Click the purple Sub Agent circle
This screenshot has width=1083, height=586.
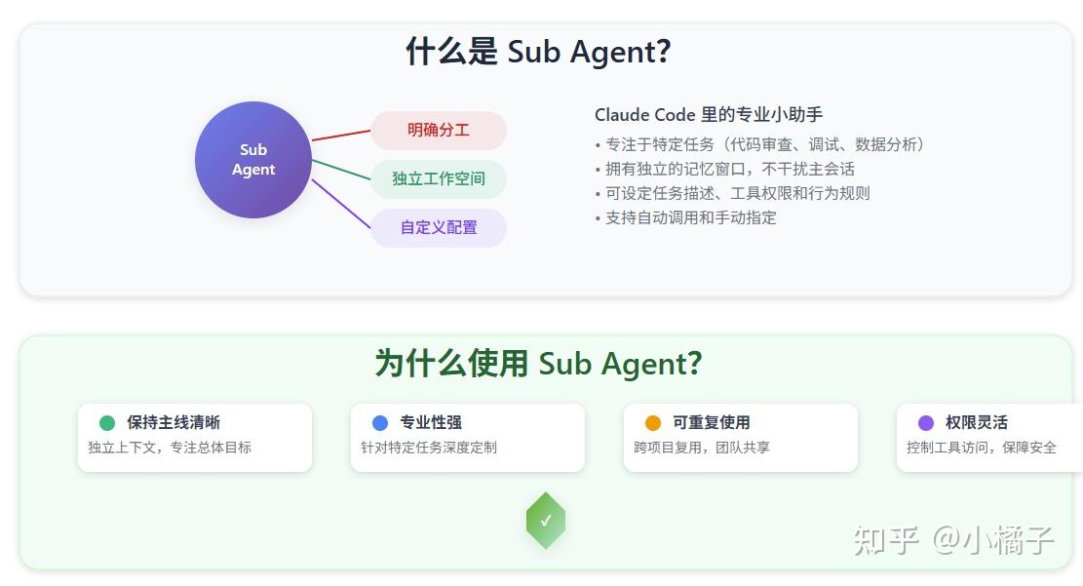[x=253, y=160]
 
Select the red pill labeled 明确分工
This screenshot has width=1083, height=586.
[x=439, y=131]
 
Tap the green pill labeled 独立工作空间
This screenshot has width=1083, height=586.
[x=439, y=178]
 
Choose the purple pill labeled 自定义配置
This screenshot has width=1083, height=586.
[x=439, y=227]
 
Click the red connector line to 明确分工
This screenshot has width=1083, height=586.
[x=341, y=136]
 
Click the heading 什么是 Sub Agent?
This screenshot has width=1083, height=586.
[x=539, y=52]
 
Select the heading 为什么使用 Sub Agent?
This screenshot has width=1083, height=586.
[x=539, y=364]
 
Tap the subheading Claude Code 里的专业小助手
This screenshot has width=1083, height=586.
[x=709, y=115]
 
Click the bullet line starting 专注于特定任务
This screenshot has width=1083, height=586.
[x=760, y=144]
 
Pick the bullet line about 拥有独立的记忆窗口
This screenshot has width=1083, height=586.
[x=725, y=169]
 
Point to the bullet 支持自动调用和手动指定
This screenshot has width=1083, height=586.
[x=686, y=217]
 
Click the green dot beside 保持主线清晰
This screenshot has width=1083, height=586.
[x=107, y=423]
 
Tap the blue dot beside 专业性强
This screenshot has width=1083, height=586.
[x=380, y=423]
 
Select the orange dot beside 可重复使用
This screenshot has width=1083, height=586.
[x=653, y=423]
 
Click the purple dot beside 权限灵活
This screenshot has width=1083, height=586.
[x=926, y=423]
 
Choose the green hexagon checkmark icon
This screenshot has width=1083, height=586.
[x=546, y=521]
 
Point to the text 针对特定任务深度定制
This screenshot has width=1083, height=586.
[x=429, y=448]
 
